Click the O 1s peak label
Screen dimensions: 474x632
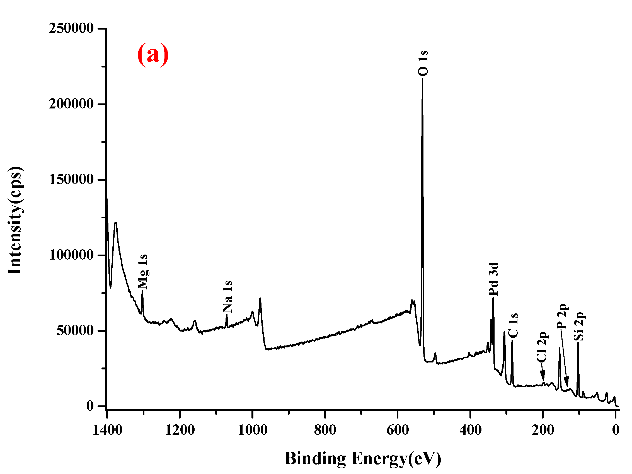[x=423, y=63]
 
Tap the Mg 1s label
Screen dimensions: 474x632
[x=142, y=272]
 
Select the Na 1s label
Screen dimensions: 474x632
[x=227, y=297]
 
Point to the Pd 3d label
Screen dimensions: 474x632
[x=493, y=279]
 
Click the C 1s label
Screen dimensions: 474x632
[x=513, y=325]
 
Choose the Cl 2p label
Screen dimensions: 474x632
[x=541, y=347]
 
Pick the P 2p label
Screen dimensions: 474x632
[x=562, y=316]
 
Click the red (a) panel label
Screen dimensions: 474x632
[x=153, y=54]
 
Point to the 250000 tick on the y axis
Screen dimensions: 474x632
[x=71, y=28]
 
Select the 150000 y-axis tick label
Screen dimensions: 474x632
[x=71, y=180]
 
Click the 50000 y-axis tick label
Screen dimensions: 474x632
[x=75, y=331]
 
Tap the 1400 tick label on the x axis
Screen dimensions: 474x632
[x=107, y=430]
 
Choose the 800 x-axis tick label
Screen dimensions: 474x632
[x=325, y=430]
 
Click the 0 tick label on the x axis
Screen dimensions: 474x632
[x=616, y=430]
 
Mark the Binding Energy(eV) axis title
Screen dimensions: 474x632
[x=363, y=459]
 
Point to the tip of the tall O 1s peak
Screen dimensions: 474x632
[x=423, y=79]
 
